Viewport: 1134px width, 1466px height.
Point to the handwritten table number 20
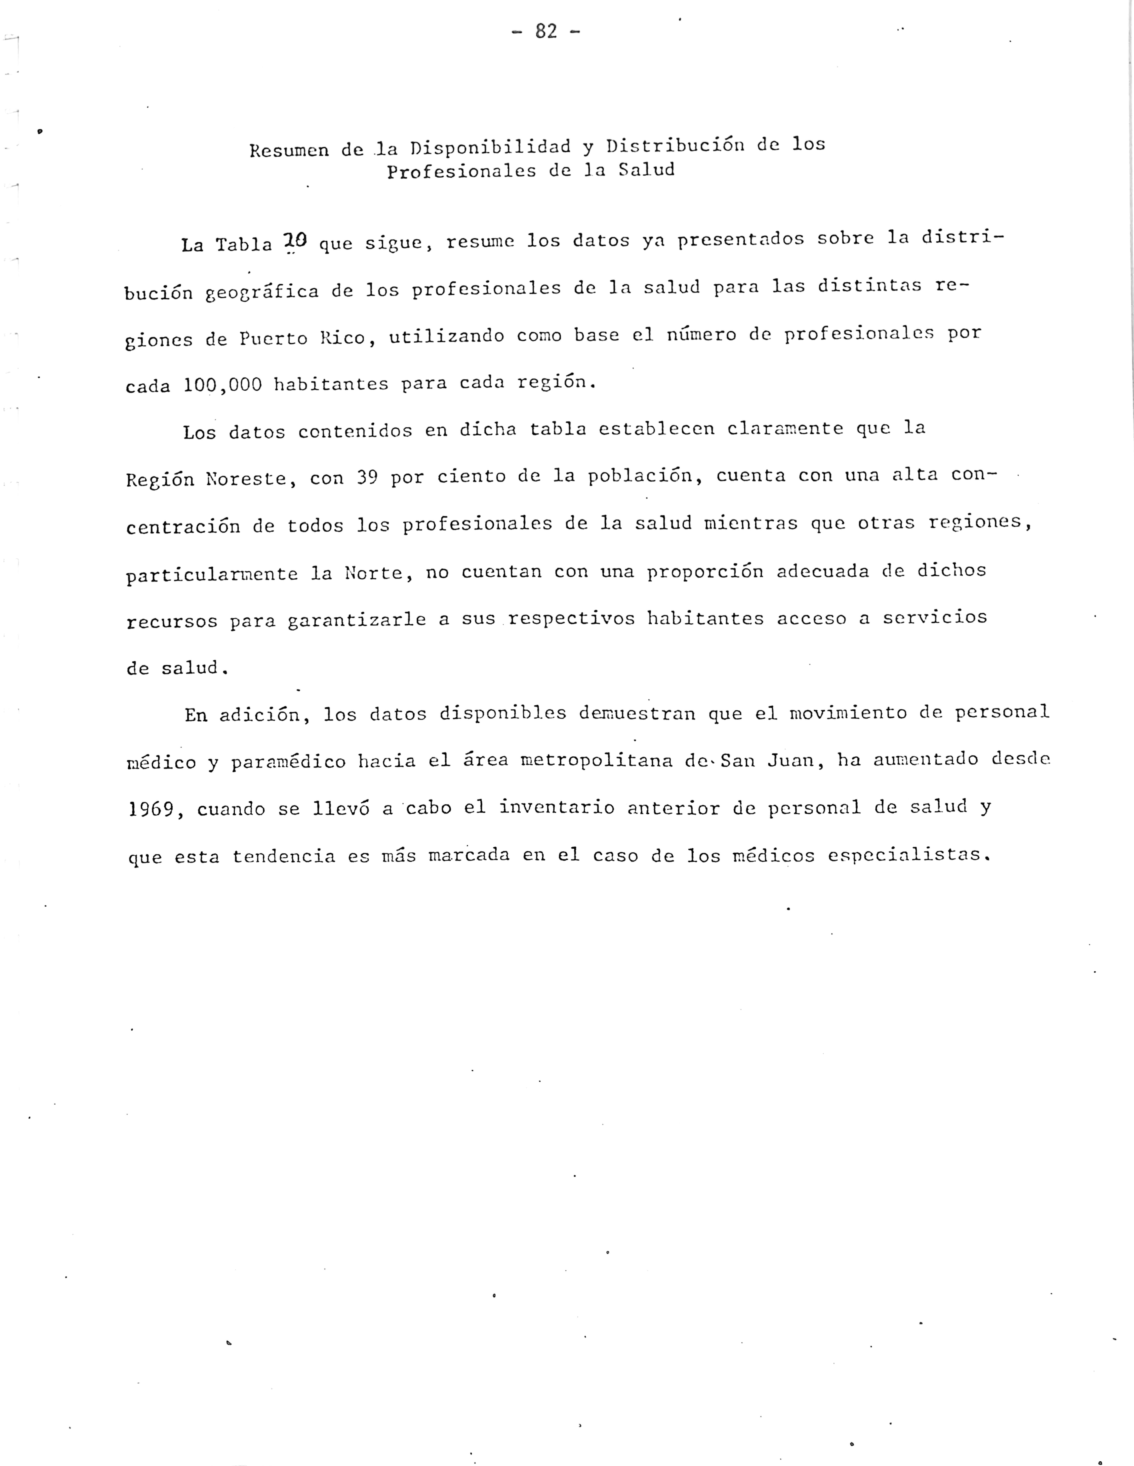(x=295, y=241)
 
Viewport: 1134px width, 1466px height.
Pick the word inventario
(x=557, y=808)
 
